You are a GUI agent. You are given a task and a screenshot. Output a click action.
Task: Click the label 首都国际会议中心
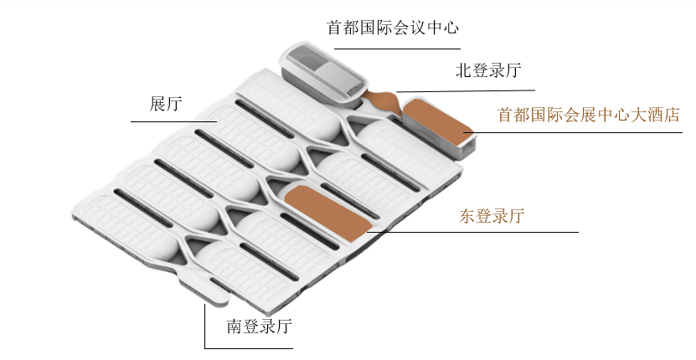(x=393, y=28)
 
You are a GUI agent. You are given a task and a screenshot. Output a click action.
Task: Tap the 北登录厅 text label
(x=488, y=70)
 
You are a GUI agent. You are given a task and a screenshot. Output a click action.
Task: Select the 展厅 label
(x=166, y=105)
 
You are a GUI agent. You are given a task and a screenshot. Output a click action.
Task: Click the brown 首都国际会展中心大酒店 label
(x=589, y=115)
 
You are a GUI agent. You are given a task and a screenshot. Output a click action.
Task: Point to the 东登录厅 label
(x=492, y=216)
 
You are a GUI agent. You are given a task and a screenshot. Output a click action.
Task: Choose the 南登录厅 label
(x=260, y=327)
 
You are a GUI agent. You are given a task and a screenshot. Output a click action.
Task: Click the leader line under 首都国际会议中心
(x=397, y=49)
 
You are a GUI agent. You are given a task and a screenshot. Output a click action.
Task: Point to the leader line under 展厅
(x=173, y=121)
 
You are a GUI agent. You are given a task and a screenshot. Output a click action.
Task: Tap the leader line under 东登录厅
(x=473, y=232)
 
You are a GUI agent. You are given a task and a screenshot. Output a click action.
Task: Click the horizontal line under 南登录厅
(x=249, y=348)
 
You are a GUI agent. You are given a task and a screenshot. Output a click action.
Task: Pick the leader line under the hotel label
(x=573, y=132)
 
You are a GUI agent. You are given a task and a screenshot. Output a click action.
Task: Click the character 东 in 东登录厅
(x=467, y=216)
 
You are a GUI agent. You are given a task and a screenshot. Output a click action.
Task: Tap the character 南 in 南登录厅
(x=235, y=327)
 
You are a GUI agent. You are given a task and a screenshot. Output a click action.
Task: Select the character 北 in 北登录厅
(x=463, y=70)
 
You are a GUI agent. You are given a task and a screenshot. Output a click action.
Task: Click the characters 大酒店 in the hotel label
(x=656, y=115)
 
